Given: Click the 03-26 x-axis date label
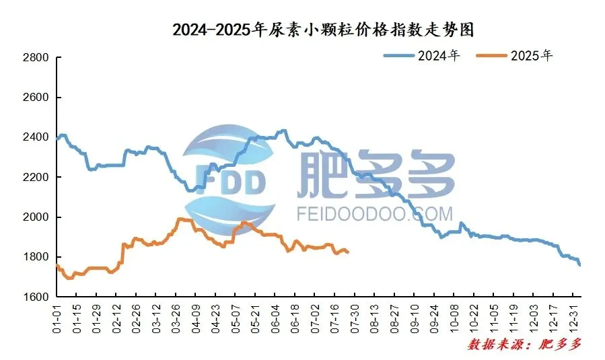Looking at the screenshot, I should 176,318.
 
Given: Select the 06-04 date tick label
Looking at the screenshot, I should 275,318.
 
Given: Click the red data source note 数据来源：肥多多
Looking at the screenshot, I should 524,345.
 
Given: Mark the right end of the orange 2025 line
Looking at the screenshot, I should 348,252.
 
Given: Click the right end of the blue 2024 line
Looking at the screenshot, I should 579,264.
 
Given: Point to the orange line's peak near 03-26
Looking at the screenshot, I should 180,219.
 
